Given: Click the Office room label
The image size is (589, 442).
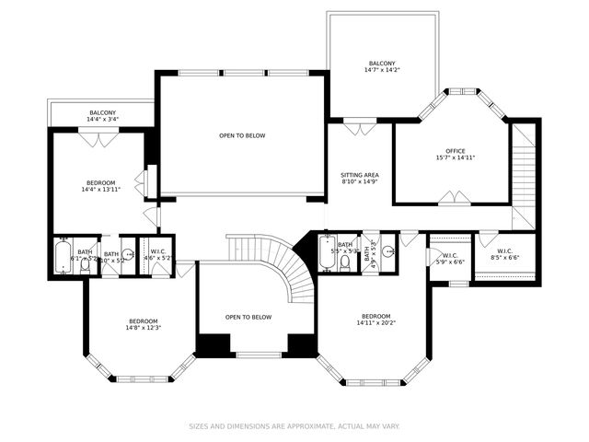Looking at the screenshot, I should [x=456, y=151].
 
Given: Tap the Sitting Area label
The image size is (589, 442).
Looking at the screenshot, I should [x=360, y=175].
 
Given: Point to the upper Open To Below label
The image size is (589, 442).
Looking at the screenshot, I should [x=242, y=135].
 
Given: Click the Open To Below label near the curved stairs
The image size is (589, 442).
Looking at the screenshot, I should [x=248, y=317].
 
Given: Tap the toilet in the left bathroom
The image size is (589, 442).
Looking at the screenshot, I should [x=85, y=266].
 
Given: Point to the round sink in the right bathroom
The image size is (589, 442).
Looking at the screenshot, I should [x=389, y=250].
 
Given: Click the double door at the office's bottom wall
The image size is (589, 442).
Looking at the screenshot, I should [x=452, y=198].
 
